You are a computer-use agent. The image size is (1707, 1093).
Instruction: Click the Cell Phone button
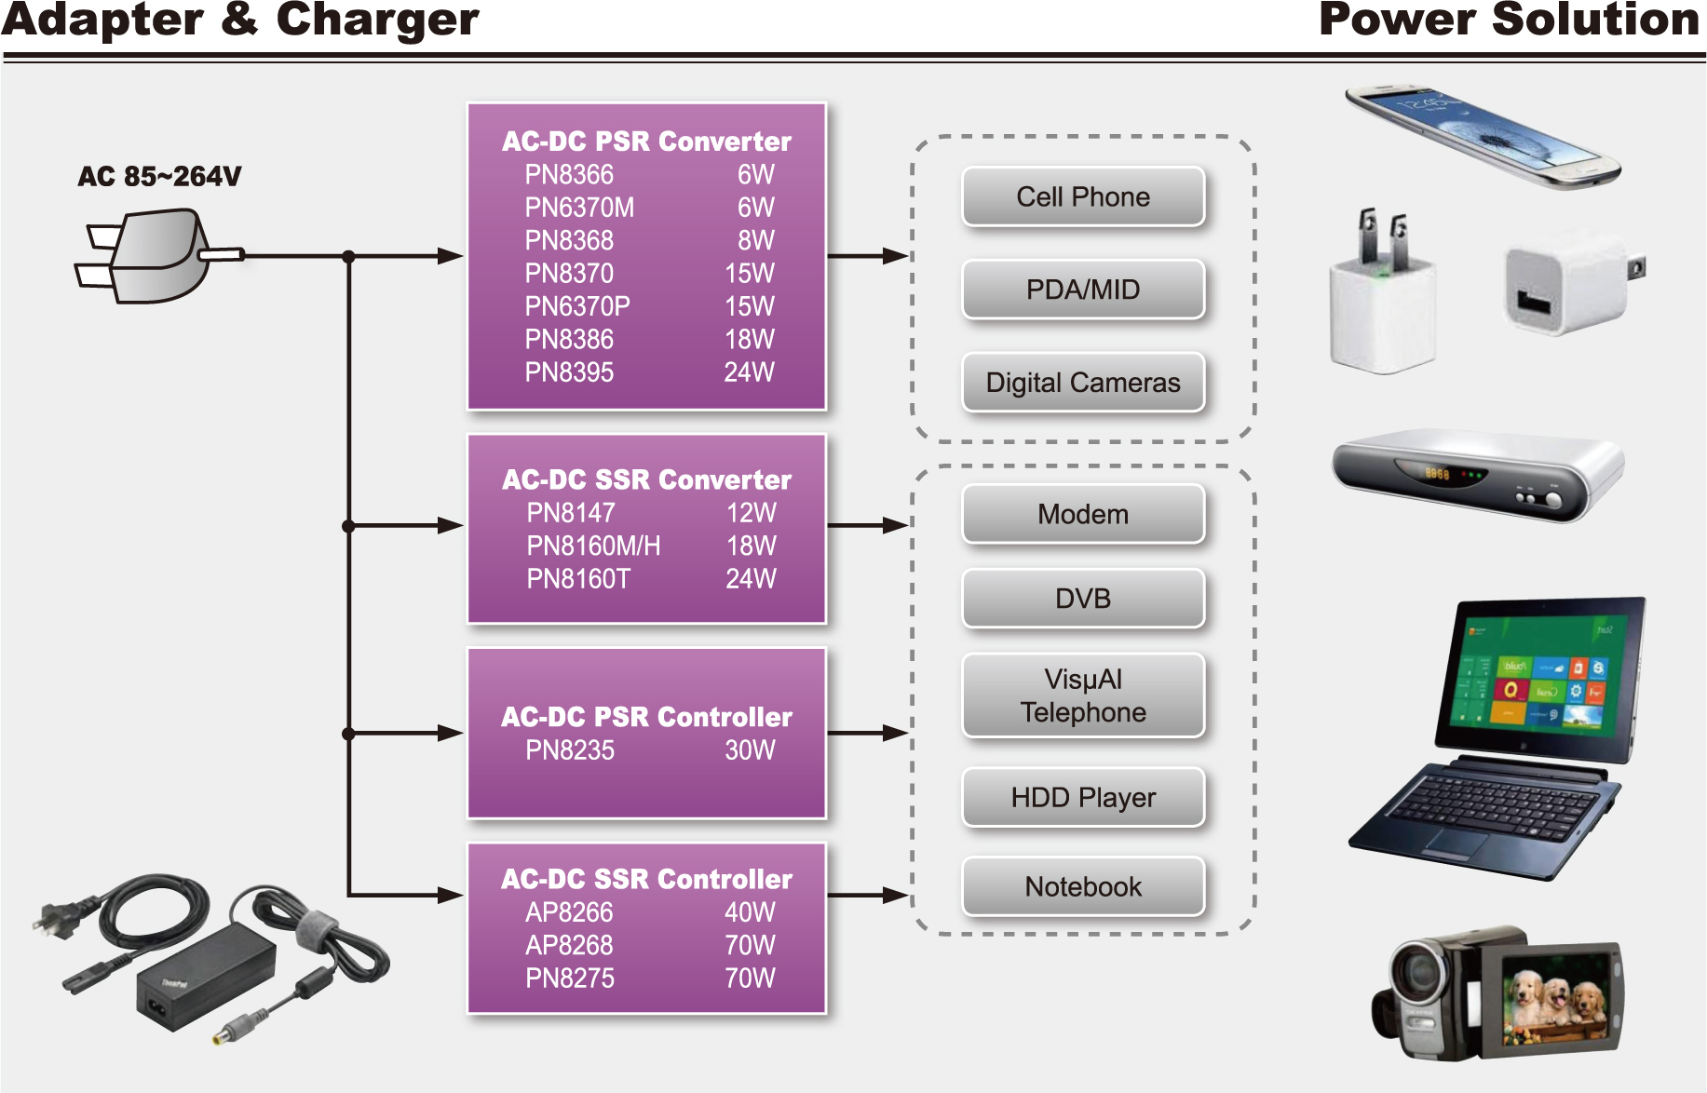click(1083, 196)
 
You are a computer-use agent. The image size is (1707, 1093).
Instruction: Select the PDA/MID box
click(1083, 290)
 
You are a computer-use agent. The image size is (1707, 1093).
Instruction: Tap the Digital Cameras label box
click(1083, 383)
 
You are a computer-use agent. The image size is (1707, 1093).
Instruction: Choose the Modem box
click(1083, 514)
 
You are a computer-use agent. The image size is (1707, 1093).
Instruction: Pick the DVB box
click(1083, 599)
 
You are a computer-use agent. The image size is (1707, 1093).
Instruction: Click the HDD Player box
click(1083, 797)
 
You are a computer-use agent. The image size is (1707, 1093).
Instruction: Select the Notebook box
click(1083, 886)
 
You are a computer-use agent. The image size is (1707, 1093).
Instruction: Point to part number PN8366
click(569, 175)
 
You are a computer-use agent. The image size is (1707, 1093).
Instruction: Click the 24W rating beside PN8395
click(749, 372)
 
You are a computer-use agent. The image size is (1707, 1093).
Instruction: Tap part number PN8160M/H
click(593, 546)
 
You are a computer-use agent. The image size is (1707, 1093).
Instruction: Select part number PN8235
click(570, 750)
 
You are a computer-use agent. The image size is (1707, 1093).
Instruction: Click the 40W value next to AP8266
click(750, 912)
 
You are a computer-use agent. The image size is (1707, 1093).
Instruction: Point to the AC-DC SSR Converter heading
click(646, 479)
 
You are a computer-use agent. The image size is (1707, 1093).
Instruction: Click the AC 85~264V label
click(159, 176)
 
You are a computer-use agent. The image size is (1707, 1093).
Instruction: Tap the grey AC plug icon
click(155, 256)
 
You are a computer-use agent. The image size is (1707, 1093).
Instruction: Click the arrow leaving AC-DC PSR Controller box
click(867, 734)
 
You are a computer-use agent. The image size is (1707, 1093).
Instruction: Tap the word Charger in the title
click(377, 20)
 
